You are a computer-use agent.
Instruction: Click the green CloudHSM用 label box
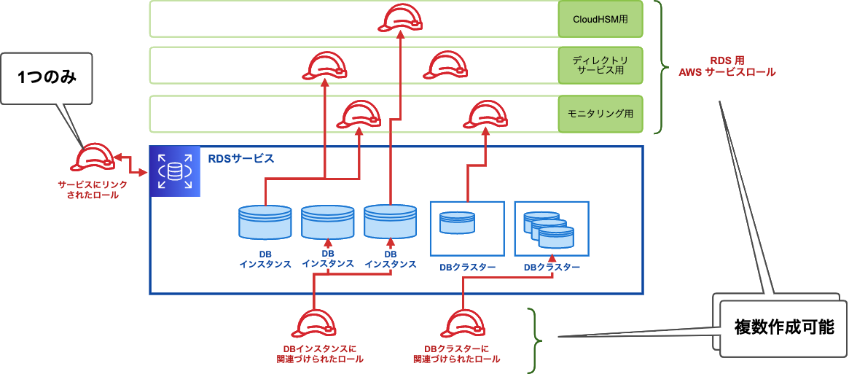coord(600,20)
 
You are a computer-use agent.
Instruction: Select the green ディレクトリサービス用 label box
coord(600,66)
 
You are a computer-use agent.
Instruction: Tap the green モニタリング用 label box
coord(600,114)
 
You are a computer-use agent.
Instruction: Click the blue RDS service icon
coord(175,171)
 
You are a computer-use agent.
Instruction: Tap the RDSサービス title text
coord(241,158)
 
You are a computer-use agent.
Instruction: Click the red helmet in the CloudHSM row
coord(400,19)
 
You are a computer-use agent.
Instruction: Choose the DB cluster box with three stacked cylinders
coord(552,227)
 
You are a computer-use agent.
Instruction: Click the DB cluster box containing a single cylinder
coord(467,227)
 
